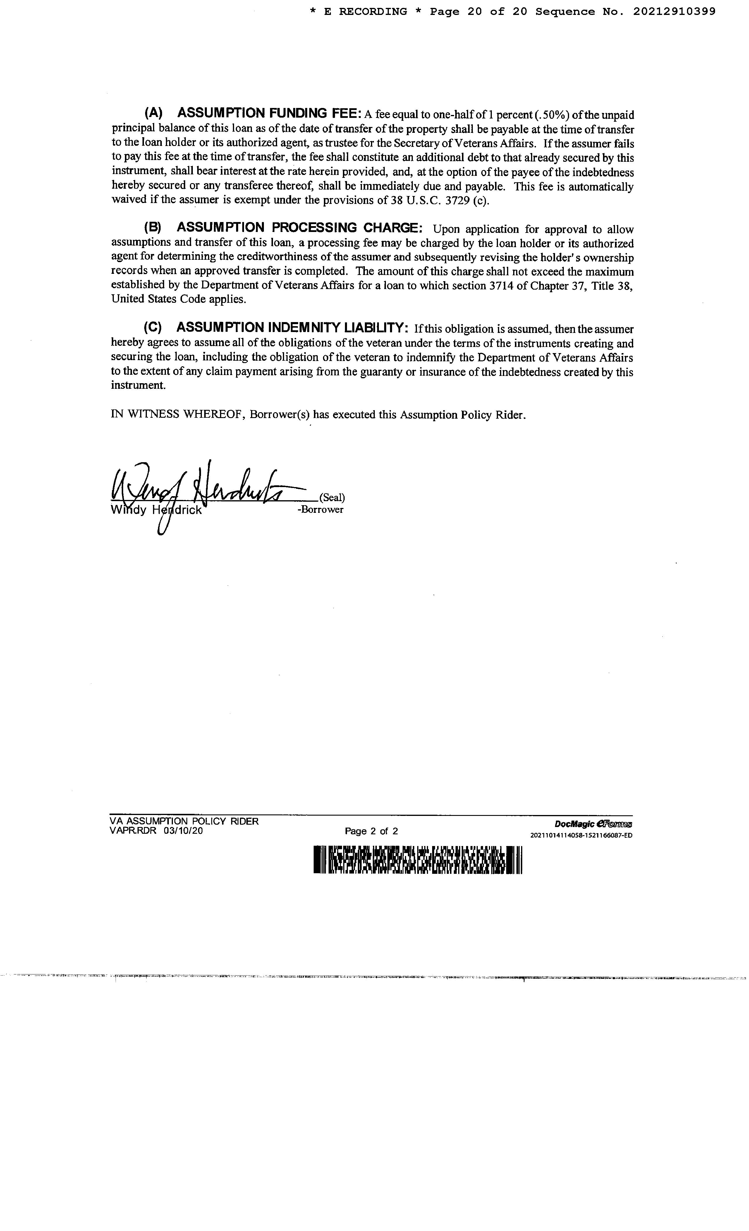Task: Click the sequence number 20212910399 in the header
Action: (x=674, y=11)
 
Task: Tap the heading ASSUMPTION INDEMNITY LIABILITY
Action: (x=292, y=327)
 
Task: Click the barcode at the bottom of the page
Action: (x=418, y=859)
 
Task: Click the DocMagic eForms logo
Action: (x=593, y=824)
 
